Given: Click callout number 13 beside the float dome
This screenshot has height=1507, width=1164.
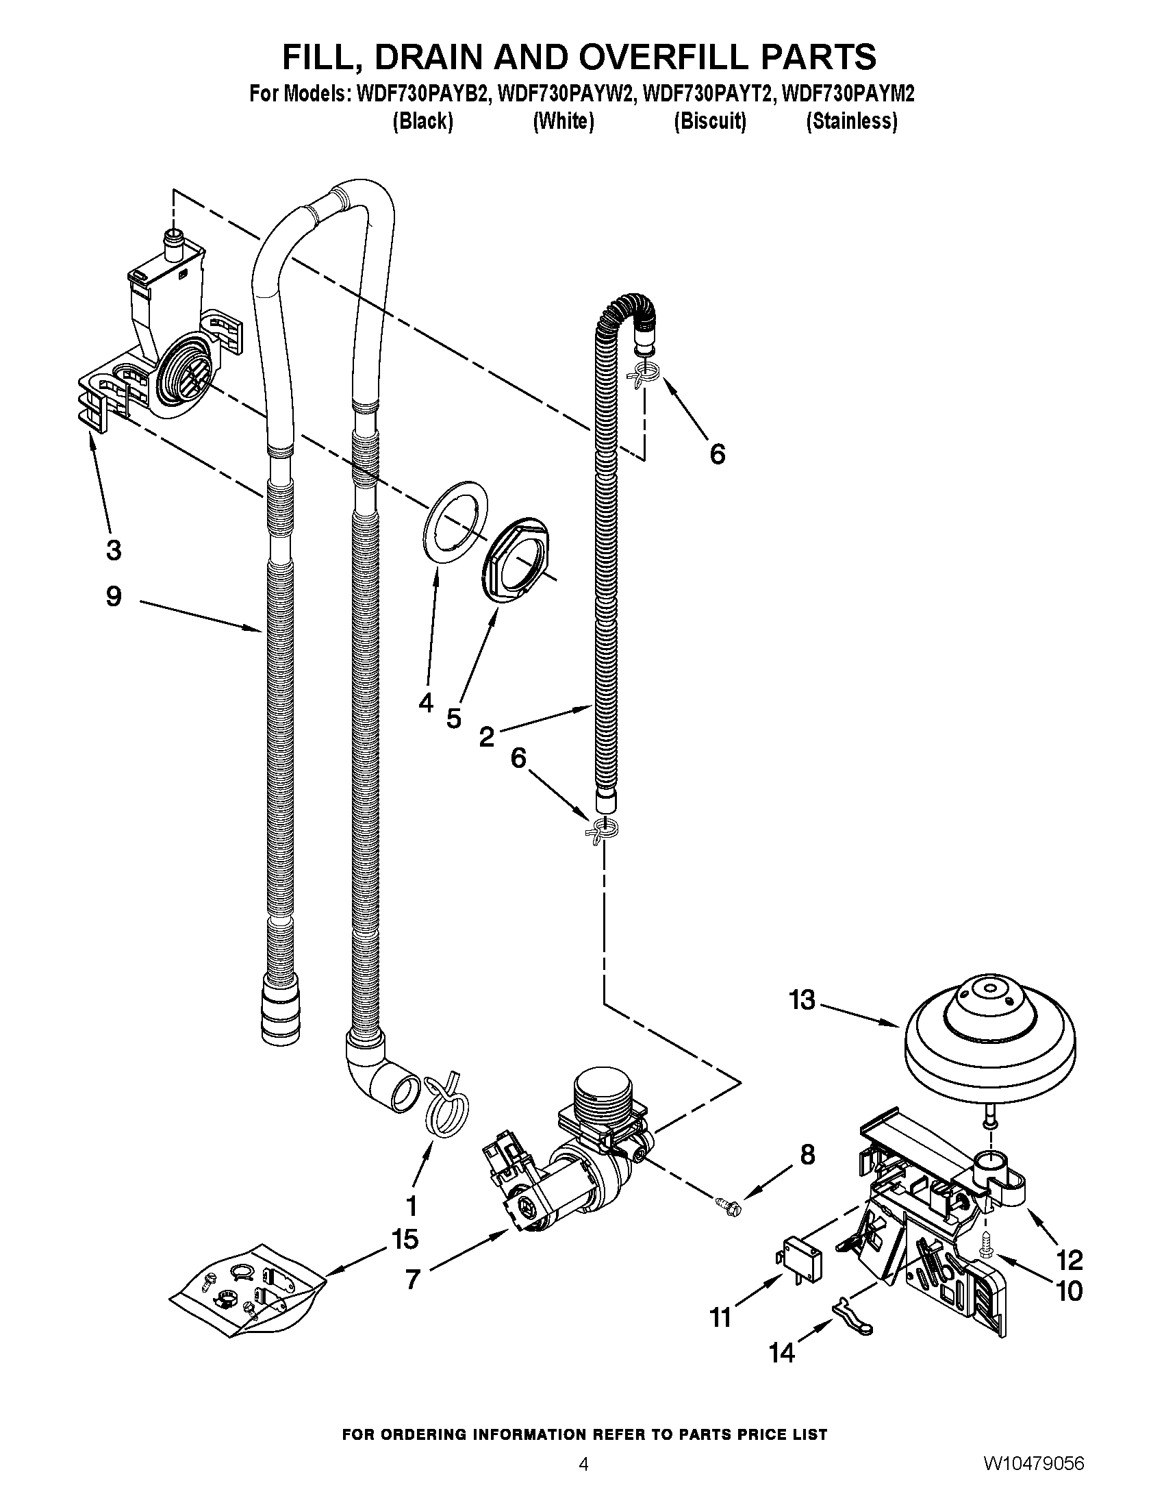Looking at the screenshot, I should pos(802,1000).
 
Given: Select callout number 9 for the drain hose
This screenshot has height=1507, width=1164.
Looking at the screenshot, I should pos(114,596).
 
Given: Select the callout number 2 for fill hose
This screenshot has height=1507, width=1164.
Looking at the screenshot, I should pos(487,737).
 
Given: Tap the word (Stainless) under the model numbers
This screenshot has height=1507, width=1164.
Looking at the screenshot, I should pos(852,121).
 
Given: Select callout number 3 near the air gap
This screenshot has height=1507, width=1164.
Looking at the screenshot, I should pos(114,550).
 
